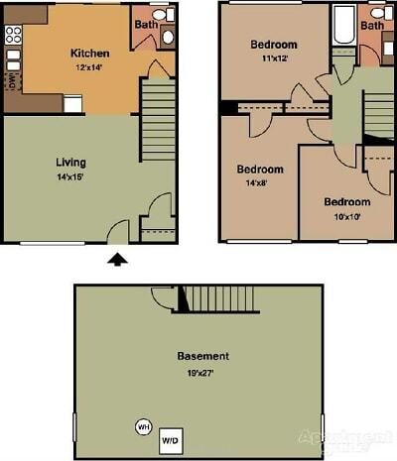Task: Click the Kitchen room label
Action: pos(90,53)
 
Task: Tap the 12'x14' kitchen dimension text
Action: pos(90,66)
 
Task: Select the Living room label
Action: pos(70,162)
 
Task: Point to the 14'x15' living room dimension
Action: pos(70,175)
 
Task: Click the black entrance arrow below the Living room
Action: pos(117,259)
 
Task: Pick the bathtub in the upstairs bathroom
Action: pos(343,26)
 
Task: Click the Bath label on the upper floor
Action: pos(372,25)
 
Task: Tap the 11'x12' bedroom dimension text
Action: pos(273,58)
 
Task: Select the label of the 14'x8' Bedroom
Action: pos(260,169)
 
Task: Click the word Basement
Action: pos(202,355)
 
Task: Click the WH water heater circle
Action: pos(143,427)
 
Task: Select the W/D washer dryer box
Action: pos(172,438)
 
